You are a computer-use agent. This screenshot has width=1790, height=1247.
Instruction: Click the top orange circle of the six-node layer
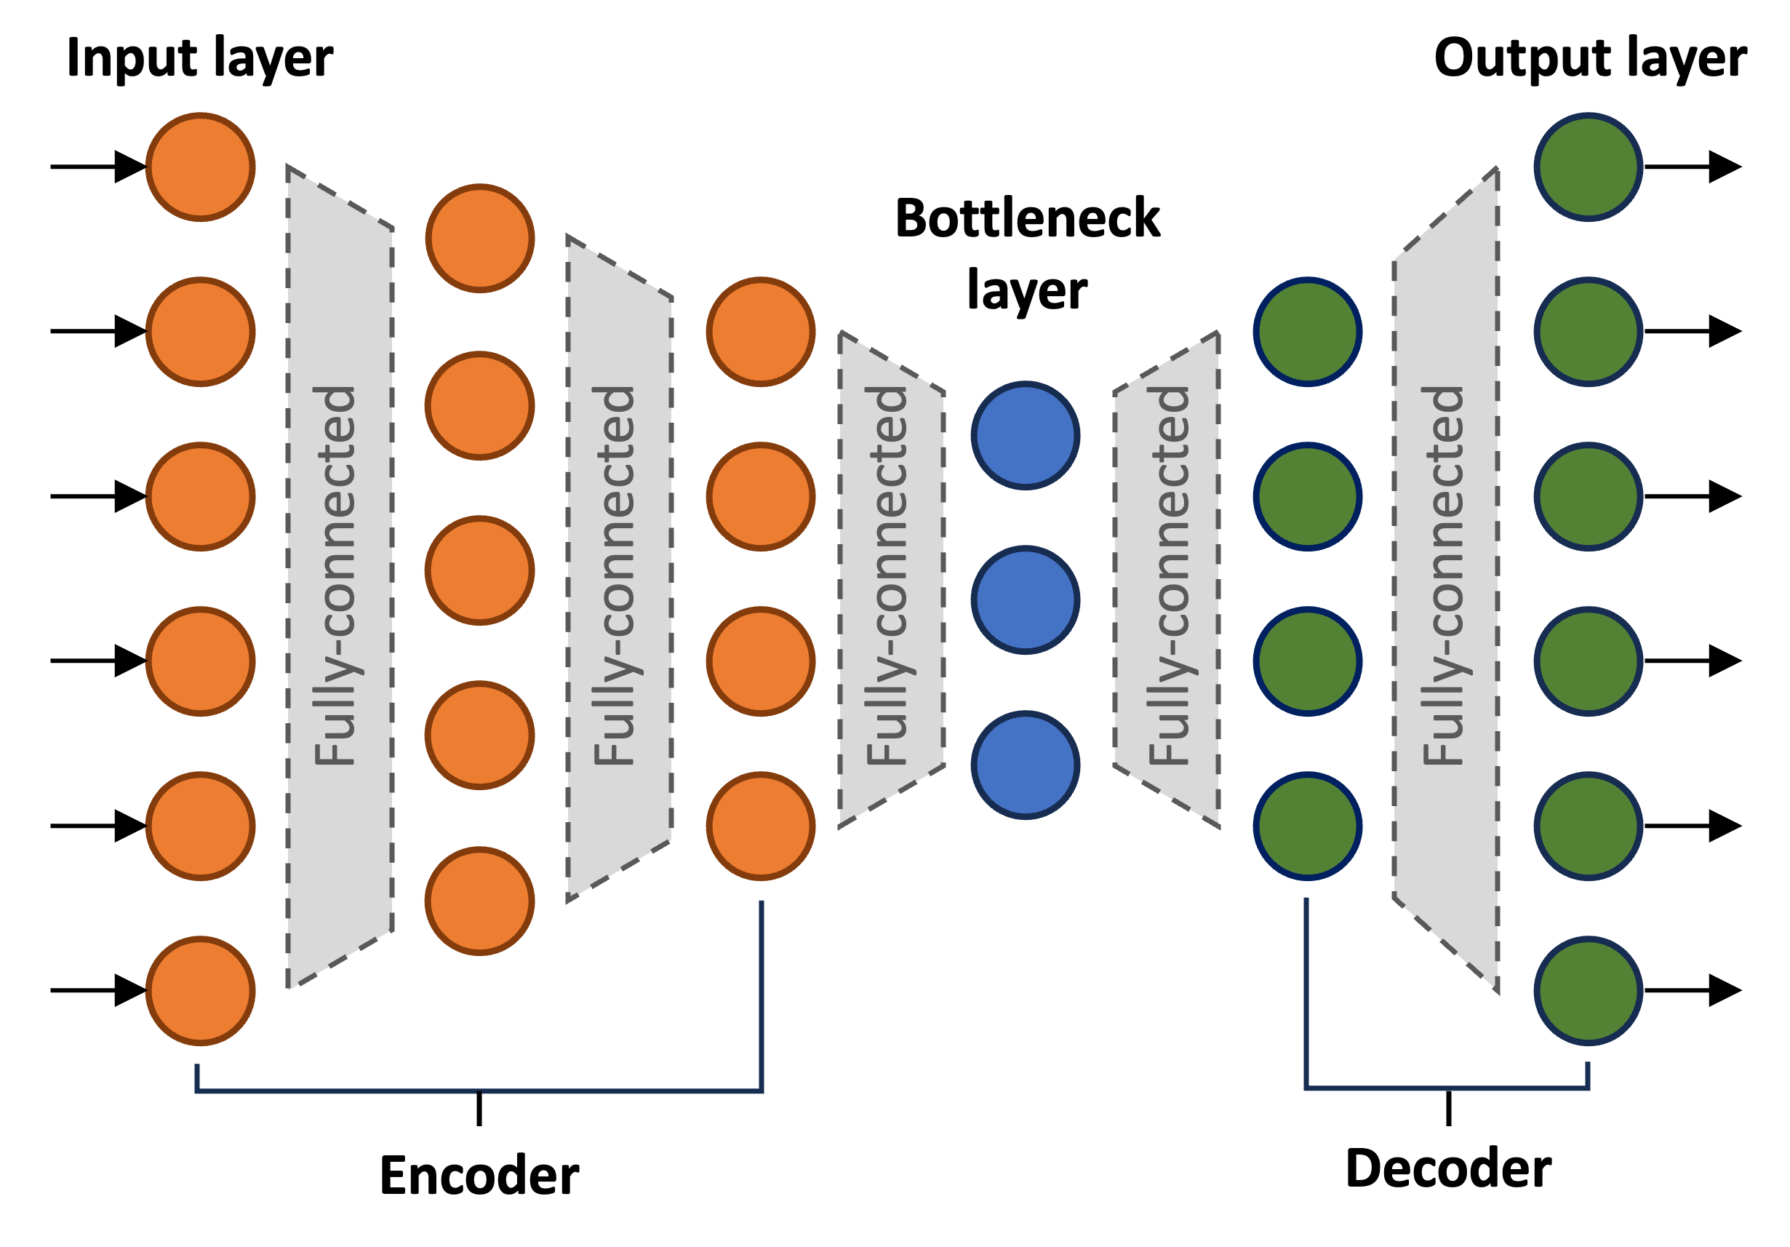pyautogui.click(x=200, y=167)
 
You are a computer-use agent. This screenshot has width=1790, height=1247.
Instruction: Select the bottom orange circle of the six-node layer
pyautogui.click(x=200, y=990)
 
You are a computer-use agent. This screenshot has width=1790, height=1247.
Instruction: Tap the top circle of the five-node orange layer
pyautogui.click(x=479, y=239)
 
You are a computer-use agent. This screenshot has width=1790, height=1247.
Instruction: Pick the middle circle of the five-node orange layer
pyautogui.click(x=479, y=570)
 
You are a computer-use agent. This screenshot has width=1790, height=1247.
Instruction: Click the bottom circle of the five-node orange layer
pyautogui.click(x=479, y=901)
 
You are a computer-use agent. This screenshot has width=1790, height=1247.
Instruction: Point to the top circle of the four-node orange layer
pyautogui.click(x=761, y=332)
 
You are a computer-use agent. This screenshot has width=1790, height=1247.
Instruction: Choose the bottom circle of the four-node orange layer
pyautogui.click(x=761, y=826)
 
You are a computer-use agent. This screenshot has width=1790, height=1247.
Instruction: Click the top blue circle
pyautogui.click(x=1026, y=435)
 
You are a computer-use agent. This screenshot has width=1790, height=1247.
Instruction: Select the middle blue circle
pyautogui.click(x=1026, y=599)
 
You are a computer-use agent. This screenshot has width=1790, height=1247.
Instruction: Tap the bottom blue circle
pyautogui.click(x=1026, y=764)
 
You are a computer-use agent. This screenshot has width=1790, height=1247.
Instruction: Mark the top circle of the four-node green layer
pyautogui.click(x=1308, y=332)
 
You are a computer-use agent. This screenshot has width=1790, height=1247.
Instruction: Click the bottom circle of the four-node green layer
pyautogui.click(x=1308, y=826)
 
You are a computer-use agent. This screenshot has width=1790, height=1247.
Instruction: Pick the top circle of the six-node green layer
pyautogui.click(x=1588, y=167)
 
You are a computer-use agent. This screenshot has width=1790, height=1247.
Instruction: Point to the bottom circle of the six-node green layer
pyautogui.click(x=1588, y=990)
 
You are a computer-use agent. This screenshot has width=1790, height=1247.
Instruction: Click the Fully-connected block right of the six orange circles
pyautogui.click(x=339, y=577)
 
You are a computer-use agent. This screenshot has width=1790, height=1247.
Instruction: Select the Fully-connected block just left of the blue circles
pyautogui.click(x=891, y=577)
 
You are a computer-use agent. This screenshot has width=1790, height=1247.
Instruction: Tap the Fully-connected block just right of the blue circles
pyautogui.click(x=1167, y=577)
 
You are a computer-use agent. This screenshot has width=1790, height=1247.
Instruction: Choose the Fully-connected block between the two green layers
pyautogui.click(x=1445, y=577)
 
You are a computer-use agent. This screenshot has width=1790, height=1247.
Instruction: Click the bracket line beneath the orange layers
pyautogui.click(x=479, y=1091)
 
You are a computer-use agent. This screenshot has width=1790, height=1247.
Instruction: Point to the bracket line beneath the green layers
pyautogui.click(x=1447, y=1087)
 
